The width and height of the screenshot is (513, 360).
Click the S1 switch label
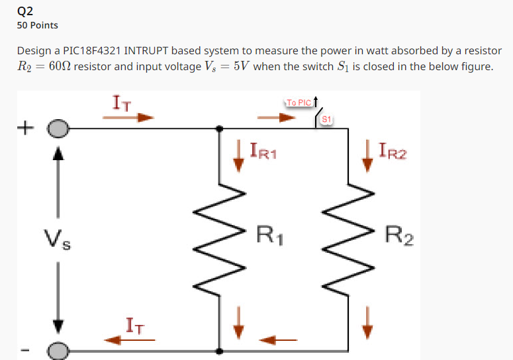tap(326, 119)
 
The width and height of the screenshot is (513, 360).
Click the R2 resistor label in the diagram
tap(399, 235)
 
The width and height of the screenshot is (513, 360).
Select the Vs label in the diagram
tap(58, 238)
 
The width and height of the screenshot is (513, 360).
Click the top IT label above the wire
tap(122, 103)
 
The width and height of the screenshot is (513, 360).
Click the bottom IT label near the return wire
tap(136, 326)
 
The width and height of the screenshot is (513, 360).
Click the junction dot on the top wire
tap(219, 129)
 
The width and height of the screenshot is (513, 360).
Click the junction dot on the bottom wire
tap(219, 349)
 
